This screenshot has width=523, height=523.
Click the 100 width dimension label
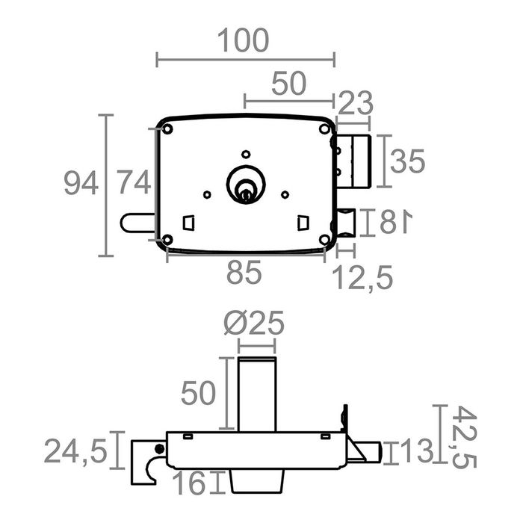pos(244,41)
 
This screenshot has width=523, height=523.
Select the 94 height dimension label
pos(80,183)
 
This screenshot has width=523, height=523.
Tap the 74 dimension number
pos(134,183)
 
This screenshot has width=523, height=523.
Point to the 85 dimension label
pos(244,273)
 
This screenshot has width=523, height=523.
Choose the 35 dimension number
pos(408,161)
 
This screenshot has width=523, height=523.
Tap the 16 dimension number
pos(192,483)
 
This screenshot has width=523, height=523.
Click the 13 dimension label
pos(415,451)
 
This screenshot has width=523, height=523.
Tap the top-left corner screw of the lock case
pos(168,129)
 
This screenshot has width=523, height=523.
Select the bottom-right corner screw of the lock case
pos(324,239)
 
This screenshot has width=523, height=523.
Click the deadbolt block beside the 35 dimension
pos(354,162)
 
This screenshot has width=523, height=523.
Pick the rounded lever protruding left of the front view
pos(137,223)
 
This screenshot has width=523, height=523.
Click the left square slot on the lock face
pos(189,223)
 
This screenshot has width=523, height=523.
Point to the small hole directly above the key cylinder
pos(245,153)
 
